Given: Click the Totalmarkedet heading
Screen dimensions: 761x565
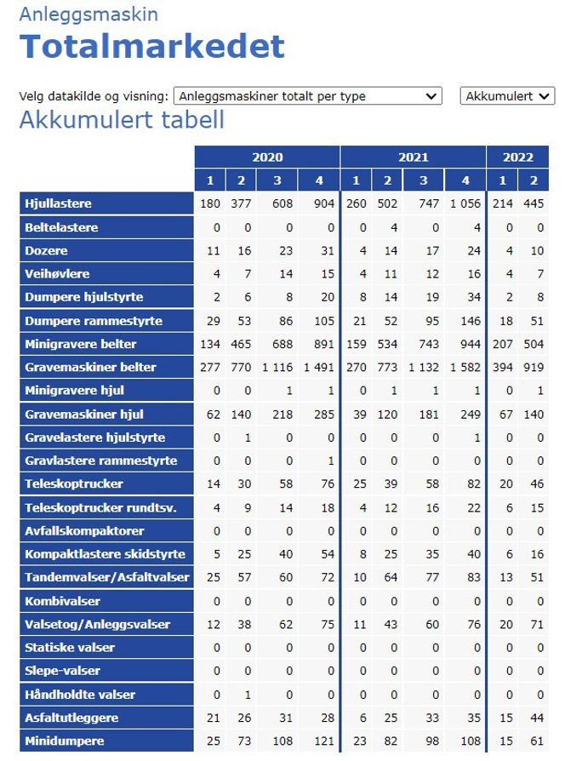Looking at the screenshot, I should pyautogui.click(x=151, y=46).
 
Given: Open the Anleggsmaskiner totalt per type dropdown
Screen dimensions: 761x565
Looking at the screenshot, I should pyautogui.click(x=307, y=96).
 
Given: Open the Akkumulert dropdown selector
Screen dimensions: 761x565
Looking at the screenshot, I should pyautogui.click(x=507, y=96).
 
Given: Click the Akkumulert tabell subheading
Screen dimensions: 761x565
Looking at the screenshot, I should pyautogui.click(x=122, y=120).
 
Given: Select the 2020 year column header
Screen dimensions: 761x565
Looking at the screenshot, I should pyautogui.click(x=267, y=157).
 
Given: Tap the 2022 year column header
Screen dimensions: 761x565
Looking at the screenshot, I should pyautogui.click(x=518, y=157).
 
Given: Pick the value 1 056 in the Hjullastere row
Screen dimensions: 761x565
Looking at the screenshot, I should pyautogui.click(x=465, y=204).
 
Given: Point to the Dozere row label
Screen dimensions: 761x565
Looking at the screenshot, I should pyautogui.click(x=46, y=251).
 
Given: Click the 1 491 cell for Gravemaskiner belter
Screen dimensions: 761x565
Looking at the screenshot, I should pyautogui.click(x=318, y=368).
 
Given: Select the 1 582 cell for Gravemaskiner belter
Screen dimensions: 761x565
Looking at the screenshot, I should pyautogui.click(x=465, y=368).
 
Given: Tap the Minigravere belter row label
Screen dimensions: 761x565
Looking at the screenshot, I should pyautogui.click(x=81, y=344).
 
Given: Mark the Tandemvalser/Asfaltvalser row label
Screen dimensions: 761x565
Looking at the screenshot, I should pyautogui.click(x=106, y=577).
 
